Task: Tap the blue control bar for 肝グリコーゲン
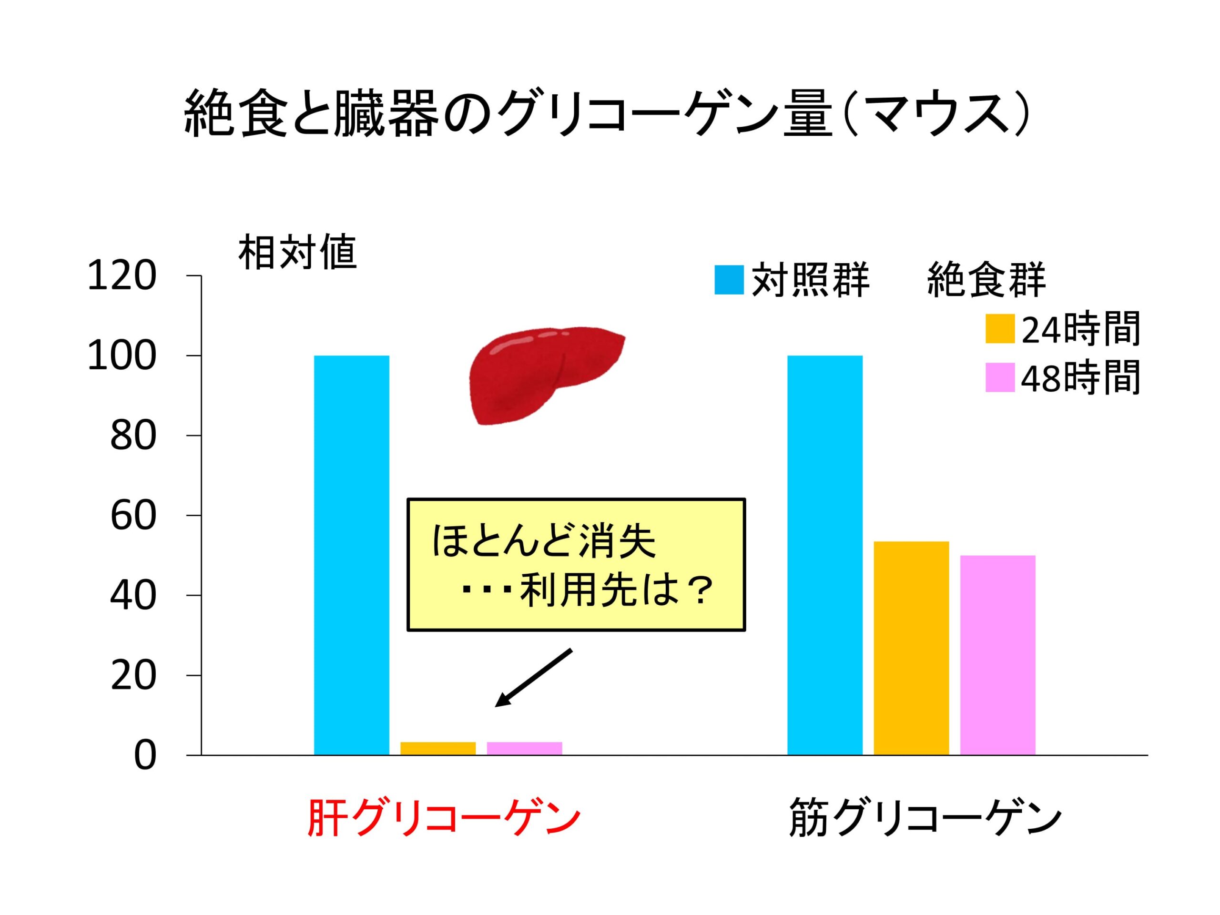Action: [x=351, y=554]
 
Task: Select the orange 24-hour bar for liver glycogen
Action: [x=438, y=748]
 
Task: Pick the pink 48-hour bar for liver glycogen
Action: [x=524, y=748]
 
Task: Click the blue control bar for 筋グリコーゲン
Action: [x=824, y=554]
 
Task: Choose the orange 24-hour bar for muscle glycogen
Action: [x=911, y=648]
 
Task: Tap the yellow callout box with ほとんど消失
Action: [x=576, y=564]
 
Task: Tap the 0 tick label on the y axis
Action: [x=145, y=756]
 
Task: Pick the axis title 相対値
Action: [x=297, y=253]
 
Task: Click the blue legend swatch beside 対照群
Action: [x=729, y=280]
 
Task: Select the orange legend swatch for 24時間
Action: [x=1000, y=329]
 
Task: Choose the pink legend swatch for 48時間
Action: [x=1000, y=377]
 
